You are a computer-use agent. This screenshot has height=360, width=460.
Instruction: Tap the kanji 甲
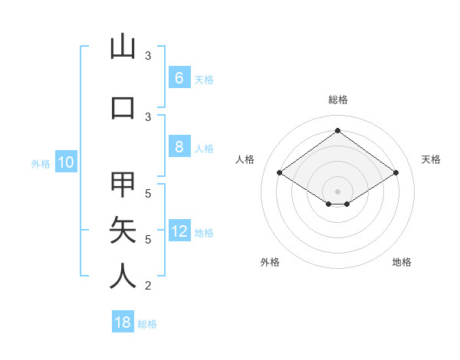click(x=123, y=185)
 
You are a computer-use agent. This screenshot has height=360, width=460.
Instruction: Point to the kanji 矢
click(x=123, y=230)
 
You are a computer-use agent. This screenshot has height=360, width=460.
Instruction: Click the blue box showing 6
click(x=179, y=78)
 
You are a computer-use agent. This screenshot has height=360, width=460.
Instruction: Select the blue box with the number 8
click(x=179, y=147)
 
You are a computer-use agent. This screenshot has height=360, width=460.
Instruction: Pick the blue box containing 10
click(x=65, y=162)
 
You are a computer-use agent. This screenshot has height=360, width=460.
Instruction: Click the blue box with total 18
click(x=123, y=322)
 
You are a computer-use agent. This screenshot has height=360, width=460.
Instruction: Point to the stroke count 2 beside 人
click(x=148, y=286)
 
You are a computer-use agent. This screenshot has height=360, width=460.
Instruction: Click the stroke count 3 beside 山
click(x=148, y=56)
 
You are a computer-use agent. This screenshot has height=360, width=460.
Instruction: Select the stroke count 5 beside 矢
click(x=148, y=240)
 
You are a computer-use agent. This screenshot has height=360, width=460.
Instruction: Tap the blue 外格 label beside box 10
click(x=40, y=163)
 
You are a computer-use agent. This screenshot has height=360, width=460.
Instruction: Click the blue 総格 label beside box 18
click(x=147, y=324)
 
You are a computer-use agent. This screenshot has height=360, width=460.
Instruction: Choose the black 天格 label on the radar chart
click(x=431, y=159)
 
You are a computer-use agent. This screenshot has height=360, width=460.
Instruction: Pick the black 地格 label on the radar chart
click(x=402, y=262)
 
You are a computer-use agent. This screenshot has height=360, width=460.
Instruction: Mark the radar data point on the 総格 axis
click(x=337, y=130)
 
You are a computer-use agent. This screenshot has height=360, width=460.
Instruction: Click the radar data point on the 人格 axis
click(x=279, y=173)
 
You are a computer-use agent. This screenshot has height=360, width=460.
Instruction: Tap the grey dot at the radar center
click(x=337, y=190)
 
